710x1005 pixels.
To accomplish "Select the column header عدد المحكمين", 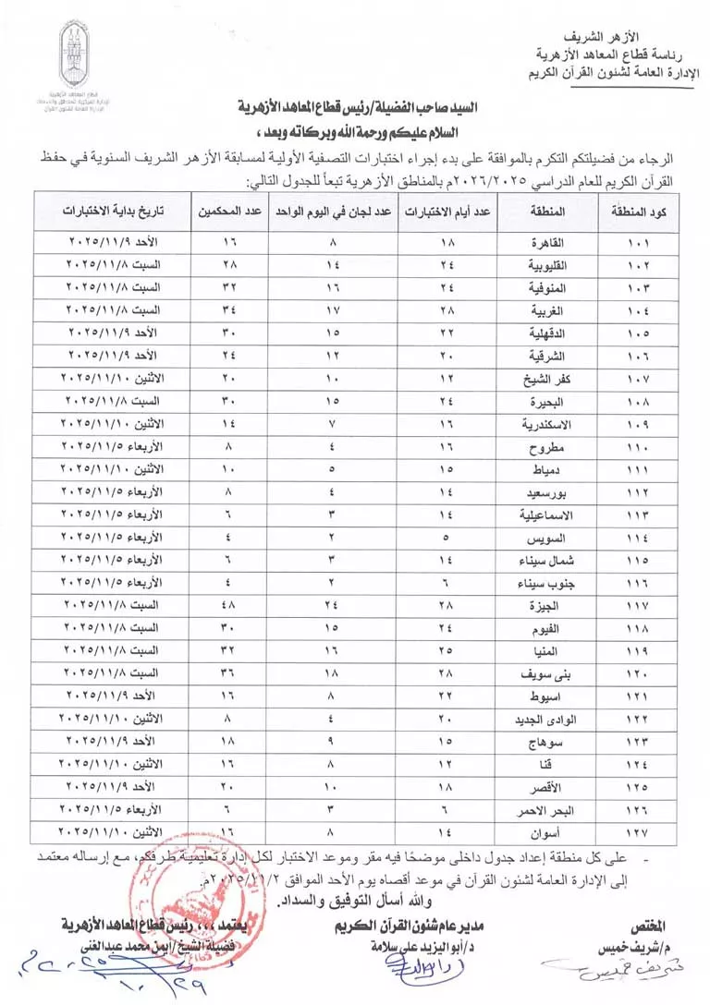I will [227, 212].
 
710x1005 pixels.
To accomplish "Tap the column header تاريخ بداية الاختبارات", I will [114, 212].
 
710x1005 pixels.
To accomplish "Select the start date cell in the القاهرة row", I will [114, 244].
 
